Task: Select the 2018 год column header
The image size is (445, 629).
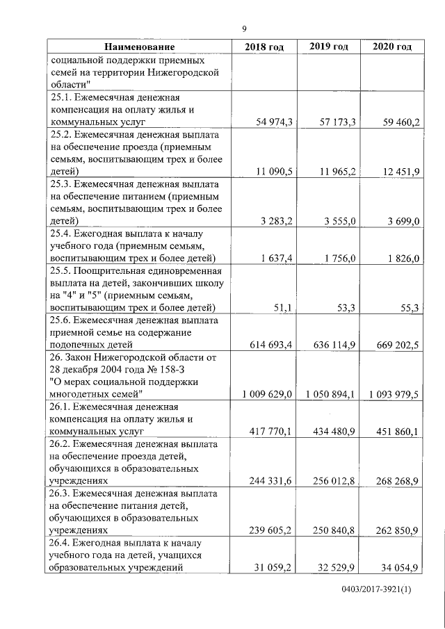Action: (264, 47)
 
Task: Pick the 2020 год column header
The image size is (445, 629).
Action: (392, 47)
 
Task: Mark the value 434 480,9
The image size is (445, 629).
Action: (332, 431)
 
